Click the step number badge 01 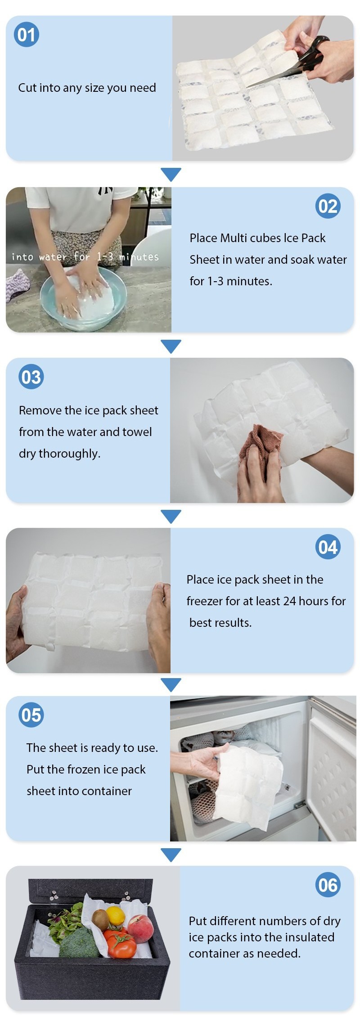coord(27,35)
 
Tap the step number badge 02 coord(328,206)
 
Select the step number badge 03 coord(31,377)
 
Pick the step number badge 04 coord(328,547)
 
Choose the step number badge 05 coord(31,715)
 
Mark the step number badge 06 coord(328,885)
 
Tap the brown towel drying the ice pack coord(261,448)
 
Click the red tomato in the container coord(121,944)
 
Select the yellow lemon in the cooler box coord(116,915)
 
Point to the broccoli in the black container coord(78,942)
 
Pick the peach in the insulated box coord(141,928)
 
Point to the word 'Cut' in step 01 coord(27,87)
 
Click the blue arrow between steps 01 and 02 coord(171,174)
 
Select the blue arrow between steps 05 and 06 coord(171,855)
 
